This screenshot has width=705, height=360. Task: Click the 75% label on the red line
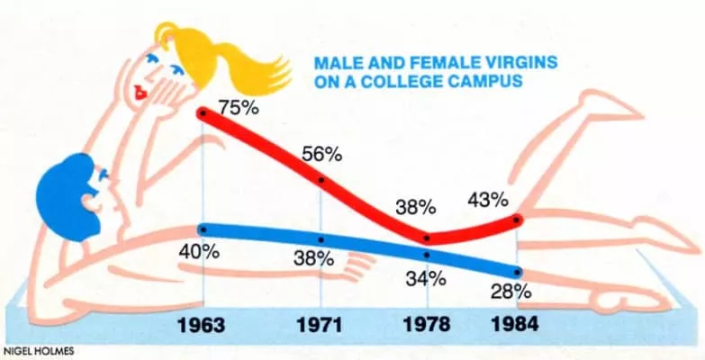pos(236,106)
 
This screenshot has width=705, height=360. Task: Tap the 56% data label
pos(321,154)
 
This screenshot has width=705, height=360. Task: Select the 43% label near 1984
pos(488,199)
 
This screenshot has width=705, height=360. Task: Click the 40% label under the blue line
pos(199,251)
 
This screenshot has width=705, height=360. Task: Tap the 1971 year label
pos(321,324)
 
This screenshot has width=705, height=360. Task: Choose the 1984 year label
pos(515,324)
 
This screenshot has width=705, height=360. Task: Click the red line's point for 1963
pos(203,112)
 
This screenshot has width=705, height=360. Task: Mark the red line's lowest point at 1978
pos(427,238)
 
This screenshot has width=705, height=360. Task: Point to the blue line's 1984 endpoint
pos(517,272)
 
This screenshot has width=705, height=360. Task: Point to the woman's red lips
pos(140,91)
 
